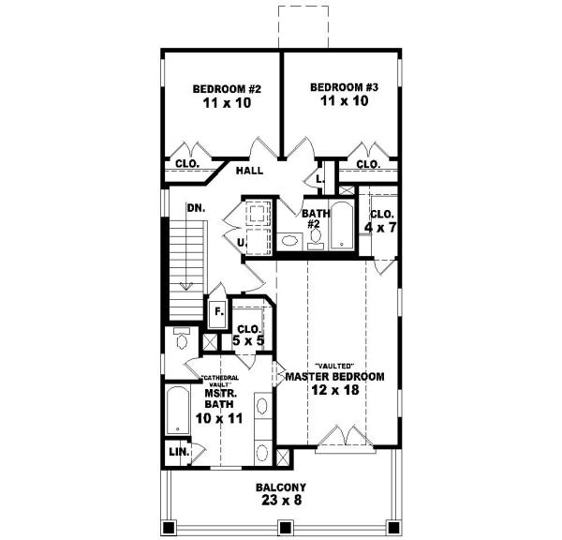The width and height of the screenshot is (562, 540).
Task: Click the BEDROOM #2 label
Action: [226, 89]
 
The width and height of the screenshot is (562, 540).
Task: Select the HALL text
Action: [249, 171]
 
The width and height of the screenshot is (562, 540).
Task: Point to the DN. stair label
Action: [196, 207]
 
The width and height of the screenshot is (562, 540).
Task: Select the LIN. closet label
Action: [178, 452]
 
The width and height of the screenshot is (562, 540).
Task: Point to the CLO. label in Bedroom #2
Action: [186, 164]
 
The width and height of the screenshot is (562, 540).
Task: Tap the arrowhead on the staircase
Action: [187, 286]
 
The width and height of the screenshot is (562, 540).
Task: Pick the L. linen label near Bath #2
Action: [319, 178]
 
